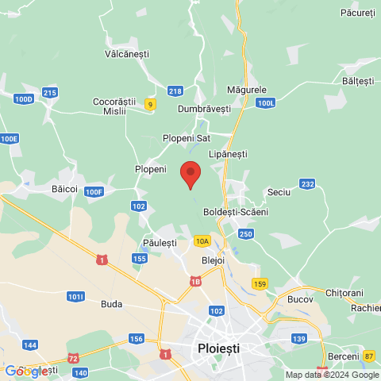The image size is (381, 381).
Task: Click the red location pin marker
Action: pyautogui.click(x=190, y=174)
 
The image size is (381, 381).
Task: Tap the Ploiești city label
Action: pyautogui.click(x=217, y=348)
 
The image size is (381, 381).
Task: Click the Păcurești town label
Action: pyautogui.click(x=357, y=13)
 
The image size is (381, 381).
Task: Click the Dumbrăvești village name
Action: pyautogui.click(x=204, y=108)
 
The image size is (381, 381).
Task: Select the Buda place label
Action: pyautogui.click(x=112, y=303)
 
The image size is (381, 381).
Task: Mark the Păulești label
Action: pyautogui.click(x=160, y=241)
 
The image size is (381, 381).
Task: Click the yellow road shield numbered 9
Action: pyautogui.click(x=150, y=103)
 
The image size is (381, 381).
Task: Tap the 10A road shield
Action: pyautogui.click(x=202, y=241)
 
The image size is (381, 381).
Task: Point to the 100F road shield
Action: pyautogui.click(x=94, y=191)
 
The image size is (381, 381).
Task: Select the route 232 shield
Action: pyautogui.click(x=308, y=184)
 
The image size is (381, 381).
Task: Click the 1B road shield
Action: pyautogui.click(x=196, y=280)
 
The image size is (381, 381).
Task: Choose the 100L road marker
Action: pyautogui.click(x=266, y=103)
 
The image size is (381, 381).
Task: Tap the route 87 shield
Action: pyautogui.click(x=369, y=356)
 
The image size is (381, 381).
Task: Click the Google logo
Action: pyautogui.click(x=26, y=371)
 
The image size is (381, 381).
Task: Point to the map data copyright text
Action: pyautogui.click(x=332, y=375)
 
